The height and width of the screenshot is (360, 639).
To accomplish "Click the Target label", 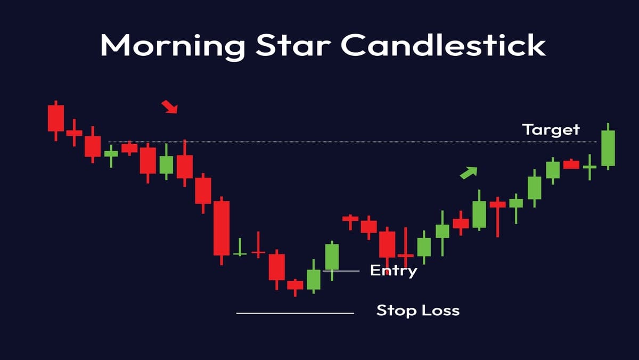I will (551, 129).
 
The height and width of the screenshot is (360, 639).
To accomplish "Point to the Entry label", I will (394, 271).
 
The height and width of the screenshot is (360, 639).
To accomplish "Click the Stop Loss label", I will (417, 310).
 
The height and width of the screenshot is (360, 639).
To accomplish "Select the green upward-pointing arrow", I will (469, 172).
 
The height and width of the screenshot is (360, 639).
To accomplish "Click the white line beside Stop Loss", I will (295, 313).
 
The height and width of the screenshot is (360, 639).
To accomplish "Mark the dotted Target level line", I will (351, 142).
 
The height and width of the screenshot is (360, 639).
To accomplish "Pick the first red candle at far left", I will (55, 118).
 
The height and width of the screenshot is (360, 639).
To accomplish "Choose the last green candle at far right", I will (608, 148).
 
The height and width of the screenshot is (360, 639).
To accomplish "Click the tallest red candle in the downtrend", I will (222, 228).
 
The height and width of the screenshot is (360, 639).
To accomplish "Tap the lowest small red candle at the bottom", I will (294, 285).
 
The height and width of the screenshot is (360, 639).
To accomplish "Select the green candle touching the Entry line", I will (332, 257).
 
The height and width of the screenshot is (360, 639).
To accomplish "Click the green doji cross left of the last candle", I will (589, 167).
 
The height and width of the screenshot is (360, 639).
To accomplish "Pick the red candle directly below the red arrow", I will (185, 166).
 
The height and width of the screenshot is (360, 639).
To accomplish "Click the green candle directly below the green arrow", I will (479, 214).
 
